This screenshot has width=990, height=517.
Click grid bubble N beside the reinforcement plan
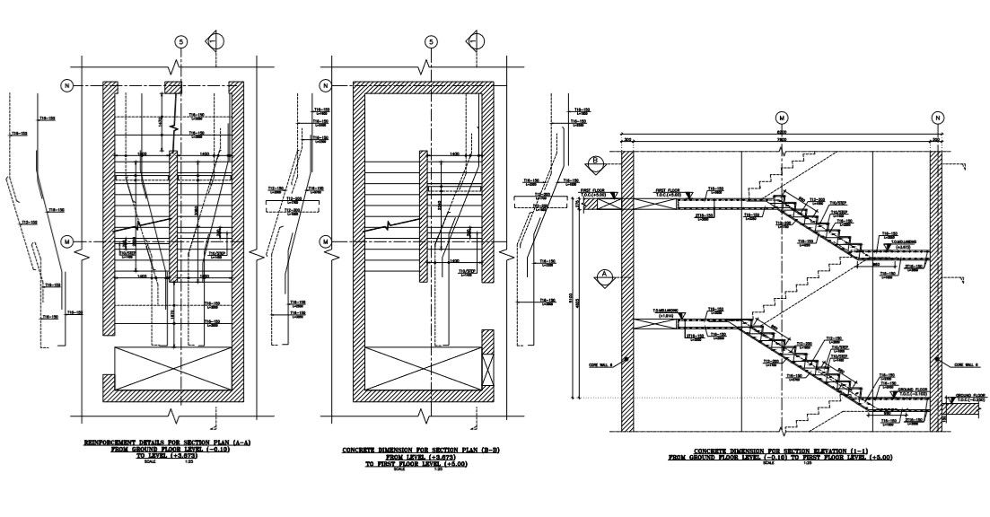[x=66, y=86]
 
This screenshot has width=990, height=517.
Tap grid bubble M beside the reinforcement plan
[x=66, y=242]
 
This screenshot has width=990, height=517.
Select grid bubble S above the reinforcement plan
[x=181, y=42]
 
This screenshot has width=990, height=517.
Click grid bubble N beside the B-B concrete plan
[x=324, y=86]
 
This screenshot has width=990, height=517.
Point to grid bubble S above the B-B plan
[x=432, y=42]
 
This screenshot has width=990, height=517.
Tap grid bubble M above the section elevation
[x=782, y=118]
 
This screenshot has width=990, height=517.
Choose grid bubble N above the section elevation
[x=937, y=118]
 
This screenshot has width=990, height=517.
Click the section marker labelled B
[x=593, y=162]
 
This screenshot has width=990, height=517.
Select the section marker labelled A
[x=605, y=276]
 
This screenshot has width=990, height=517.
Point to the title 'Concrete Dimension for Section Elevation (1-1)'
[x=780, y=454]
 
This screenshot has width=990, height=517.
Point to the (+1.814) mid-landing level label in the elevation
[x=665, y=315]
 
